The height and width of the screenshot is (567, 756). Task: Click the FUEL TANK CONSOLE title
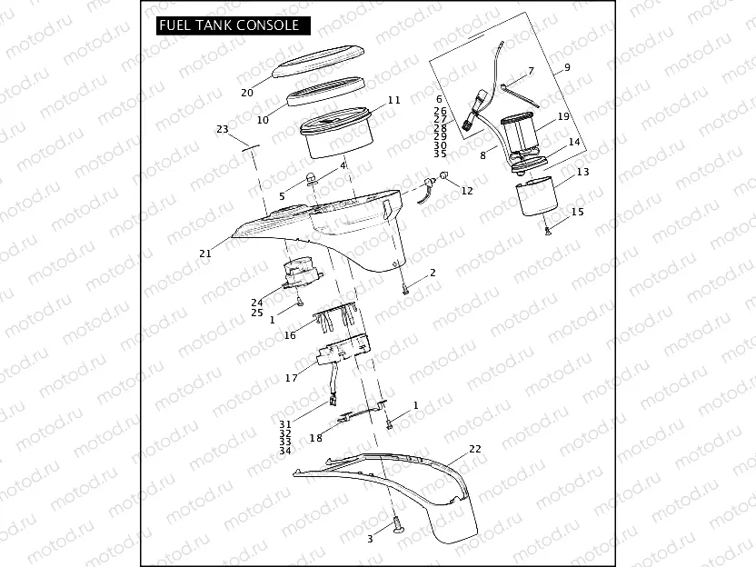pos(228,25)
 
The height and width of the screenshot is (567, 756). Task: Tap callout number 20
pos(246,93)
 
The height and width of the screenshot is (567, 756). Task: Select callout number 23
pos(223,130)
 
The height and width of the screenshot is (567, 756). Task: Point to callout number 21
pos(205,254)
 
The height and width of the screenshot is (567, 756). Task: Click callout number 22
pos(474,449)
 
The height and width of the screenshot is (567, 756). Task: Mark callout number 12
pos(468,191)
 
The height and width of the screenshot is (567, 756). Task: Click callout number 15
pos(576,212)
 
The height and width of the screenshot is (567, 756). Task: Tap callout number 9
pos(566,68)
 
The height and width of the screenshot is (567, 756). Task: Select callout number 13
pos(582,172)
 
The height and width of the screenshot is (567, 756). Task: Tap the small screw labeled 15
pos(549,232)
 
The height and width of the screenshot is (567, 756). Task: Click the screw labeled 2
pos(404,288)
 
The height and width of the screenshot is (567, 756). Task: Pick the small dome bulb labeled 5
pos(311,176)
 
